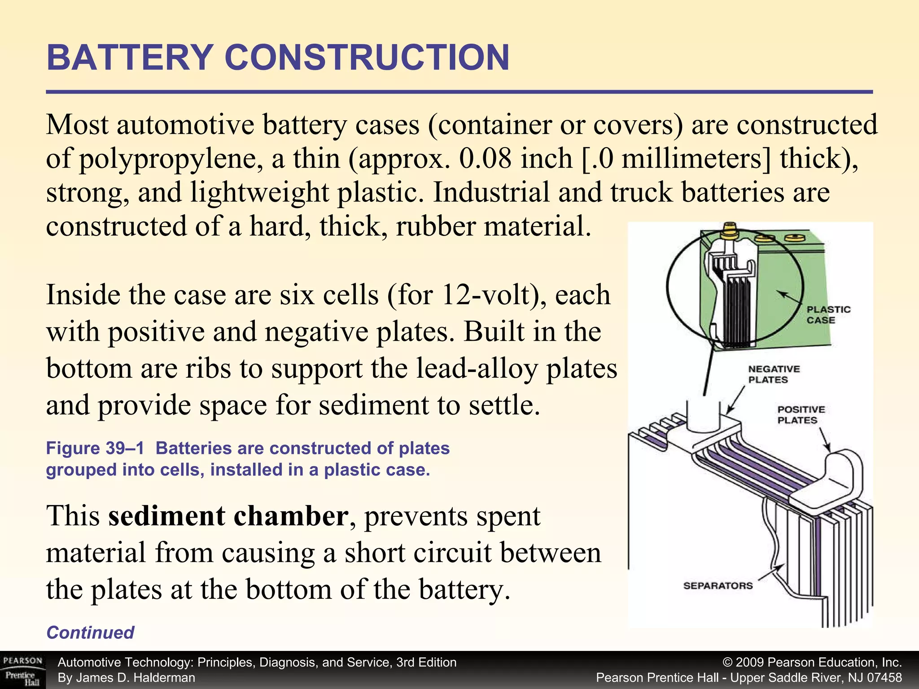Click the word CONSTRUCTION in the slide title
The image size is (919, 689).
(367, 58)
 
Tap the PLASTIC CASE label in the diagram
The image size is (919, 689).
(828, 315)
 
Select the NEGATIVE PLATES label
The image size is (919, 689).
(774, 374)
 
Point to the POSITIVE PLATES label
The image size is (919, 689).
(801, 414)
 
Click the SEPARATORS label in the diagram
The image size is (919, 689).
(718, 585)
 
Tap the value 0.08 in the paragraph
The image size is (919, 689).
(485, 158)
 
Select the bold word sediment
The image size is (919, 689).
(166, 516)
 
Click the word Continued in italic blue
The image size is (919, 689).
(90, 632)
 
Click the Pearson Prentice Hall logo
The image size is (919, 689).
(22, 670)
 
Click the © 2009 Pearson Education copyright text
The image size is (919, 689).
(812, 663)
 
